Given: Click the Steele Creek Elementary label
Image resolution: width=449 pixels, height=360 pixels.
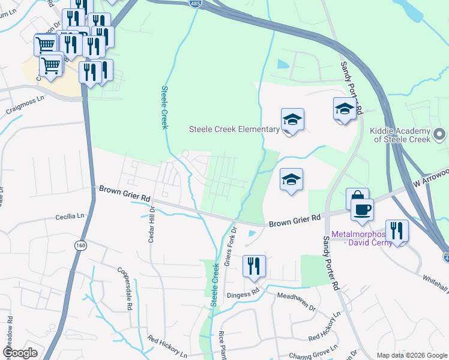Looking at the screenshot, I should point(234,129).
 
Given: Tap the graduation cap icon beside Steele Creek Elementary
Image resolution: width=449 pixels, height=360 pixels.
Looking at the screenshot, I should point(292,120).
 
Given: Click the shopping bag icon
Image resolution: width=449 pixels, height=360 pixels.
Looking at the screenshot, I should point(357,199).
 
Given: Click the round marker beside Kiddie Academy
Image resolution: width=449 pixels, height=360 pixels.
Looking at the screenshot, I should point(440,134).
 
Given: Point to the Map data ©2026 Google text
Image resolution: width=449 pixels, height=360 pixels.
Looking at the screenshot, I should point(411,355).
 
